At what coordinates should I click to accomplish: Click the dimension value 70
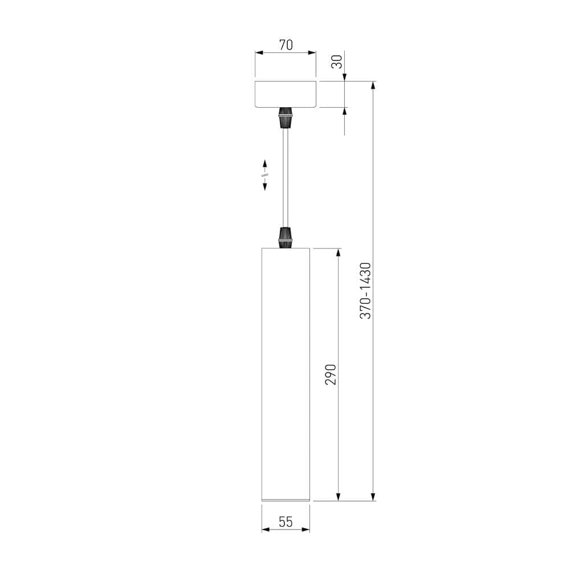286,45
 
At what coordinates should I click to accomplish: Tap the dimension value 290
331,374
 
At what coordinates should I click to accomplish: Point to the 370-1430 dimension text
365,291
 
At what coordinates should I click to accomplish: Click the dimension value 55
286,522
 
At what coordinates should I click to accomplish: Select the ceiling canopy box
286,94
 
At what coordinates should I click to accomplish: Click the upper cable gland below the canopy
286,117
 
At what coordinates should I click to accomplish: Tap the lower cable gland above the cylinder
286,237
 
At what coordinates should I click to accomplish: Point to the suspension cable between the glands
286,177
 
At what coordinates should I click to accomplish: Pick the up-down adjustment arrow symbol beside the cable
265,175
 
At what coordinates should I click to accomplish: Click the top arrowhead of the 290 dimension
339,252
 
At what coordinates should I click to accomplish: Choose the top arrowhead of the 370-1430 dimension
373,85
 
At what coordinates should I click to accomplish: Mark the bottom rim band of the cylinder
286,500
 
